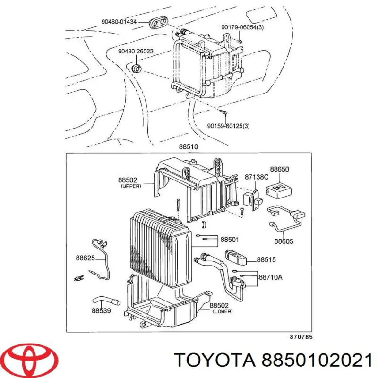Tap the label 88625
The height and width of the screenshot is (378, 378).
click(x=86, y=258)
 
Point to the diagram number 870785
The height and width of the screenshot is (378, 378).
click(x=301, y=337)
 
